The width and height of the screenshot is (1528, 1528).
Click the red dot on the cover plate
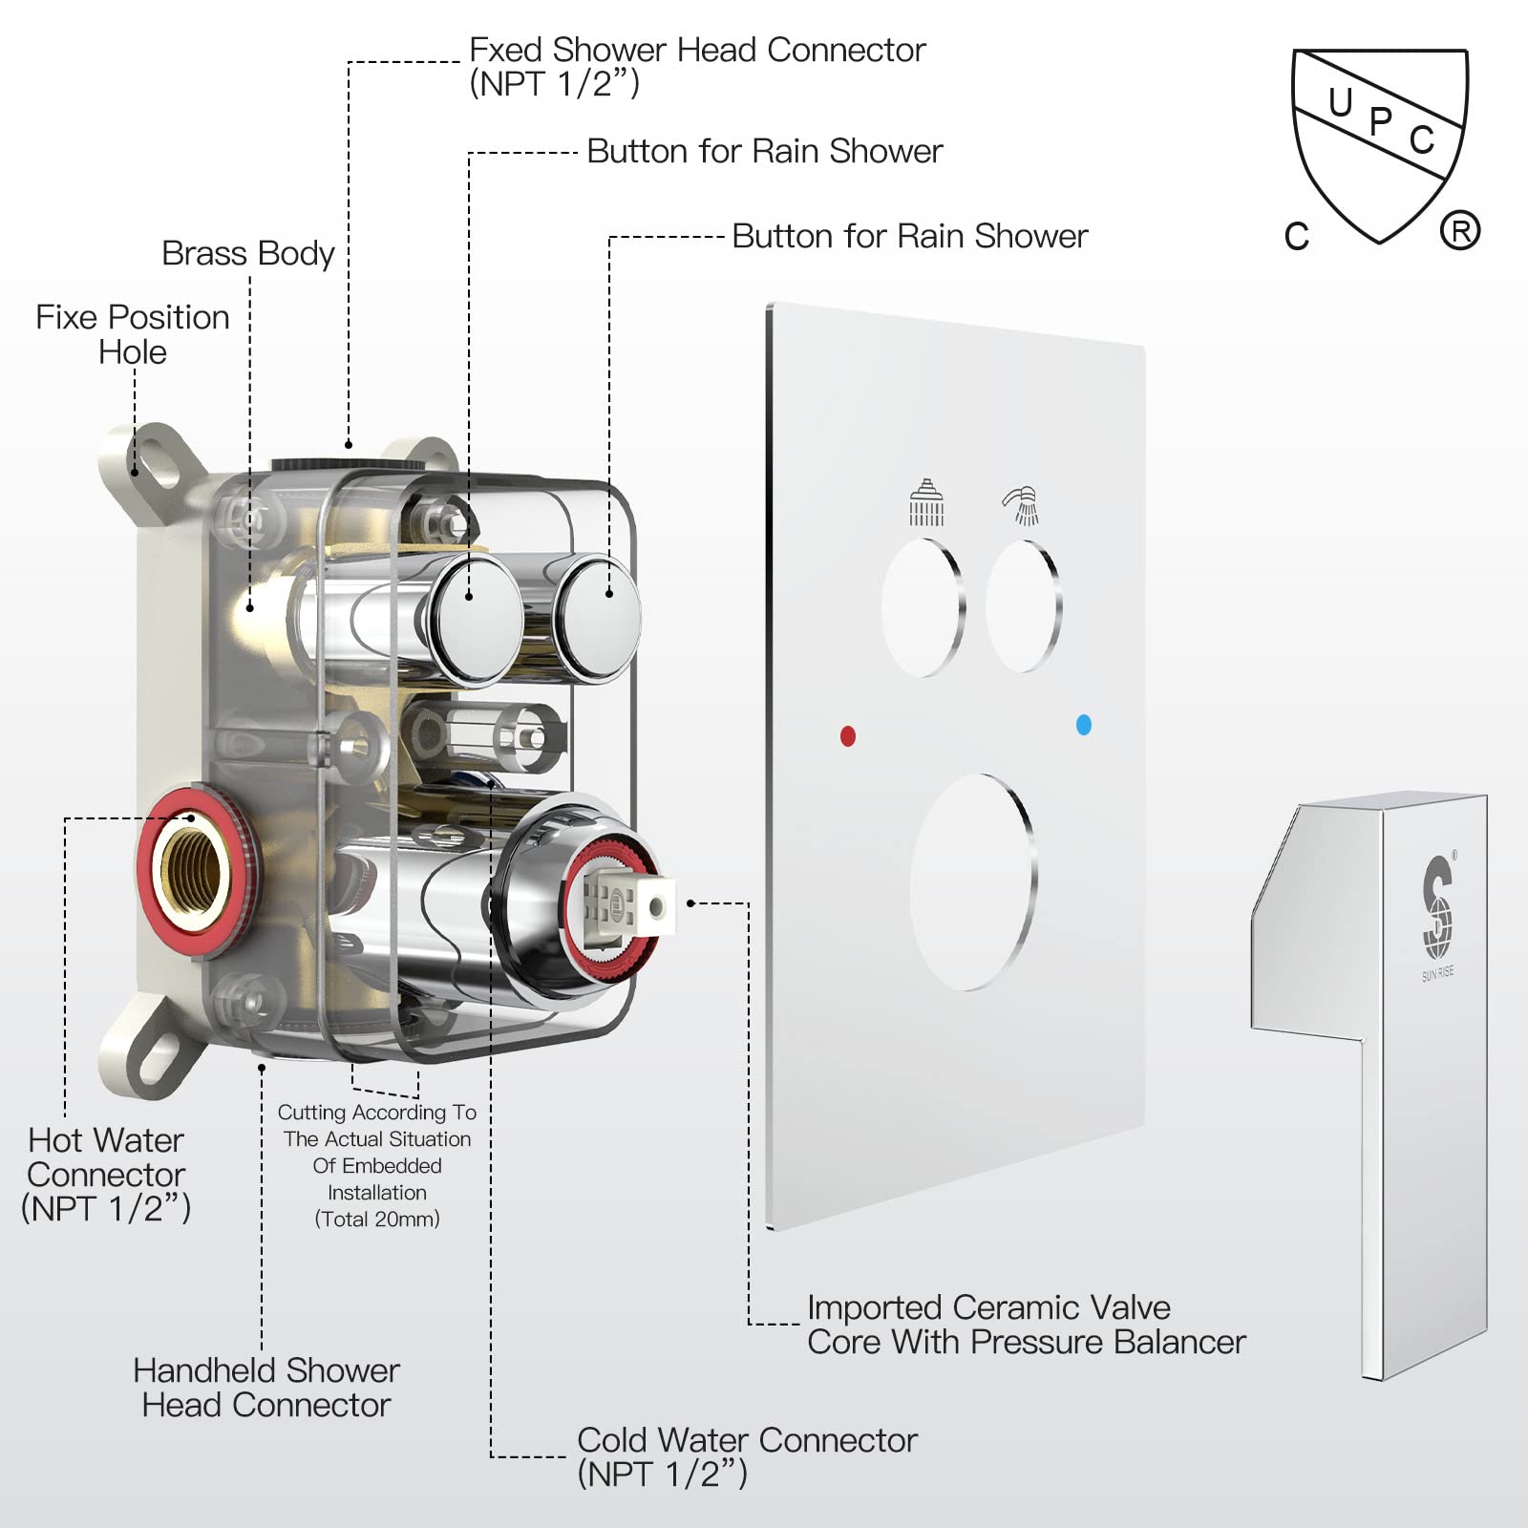point(847,735)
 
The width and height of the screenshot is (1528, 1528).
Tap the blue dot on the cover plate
point(1083,725)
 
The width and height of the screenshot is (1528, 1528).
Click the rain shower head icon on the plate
point(925,503)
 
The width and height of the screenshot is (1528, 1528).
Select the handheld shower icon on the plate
point(1021,505)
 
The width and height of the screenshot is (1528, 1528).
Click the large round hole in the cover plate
point(972,881)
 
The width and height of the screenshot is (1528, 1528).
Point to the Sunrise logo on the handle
point(1437,907)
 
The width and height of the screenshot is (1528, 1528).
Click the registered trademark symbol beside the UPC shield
point(1459,231)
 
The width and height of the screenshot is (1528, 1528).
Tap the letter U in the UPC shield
point(1340,102)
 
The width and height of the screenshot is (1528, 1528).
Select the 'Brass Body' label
point(248,254)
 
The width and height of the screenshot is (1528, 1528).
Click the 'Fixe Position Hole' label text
point(133,334)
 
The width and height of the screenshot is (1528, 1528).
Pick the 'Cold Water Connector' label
point(747,1440)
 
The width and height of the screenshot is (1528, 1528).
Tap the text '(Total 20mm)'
point(377,1220)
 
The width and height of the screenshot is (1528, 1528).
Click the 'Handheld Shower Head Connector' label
point(265,1388)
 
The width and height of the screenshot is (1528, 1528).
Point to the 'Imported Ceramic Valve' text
point(988,1307)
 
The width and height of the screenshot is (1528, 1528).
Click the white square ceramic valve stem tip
point(655,905)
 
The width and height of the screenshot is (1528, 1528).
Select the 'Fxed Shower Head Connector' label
point(697,50)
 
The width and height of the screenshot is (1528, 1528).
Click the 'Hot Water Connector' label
point(106,1157)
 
